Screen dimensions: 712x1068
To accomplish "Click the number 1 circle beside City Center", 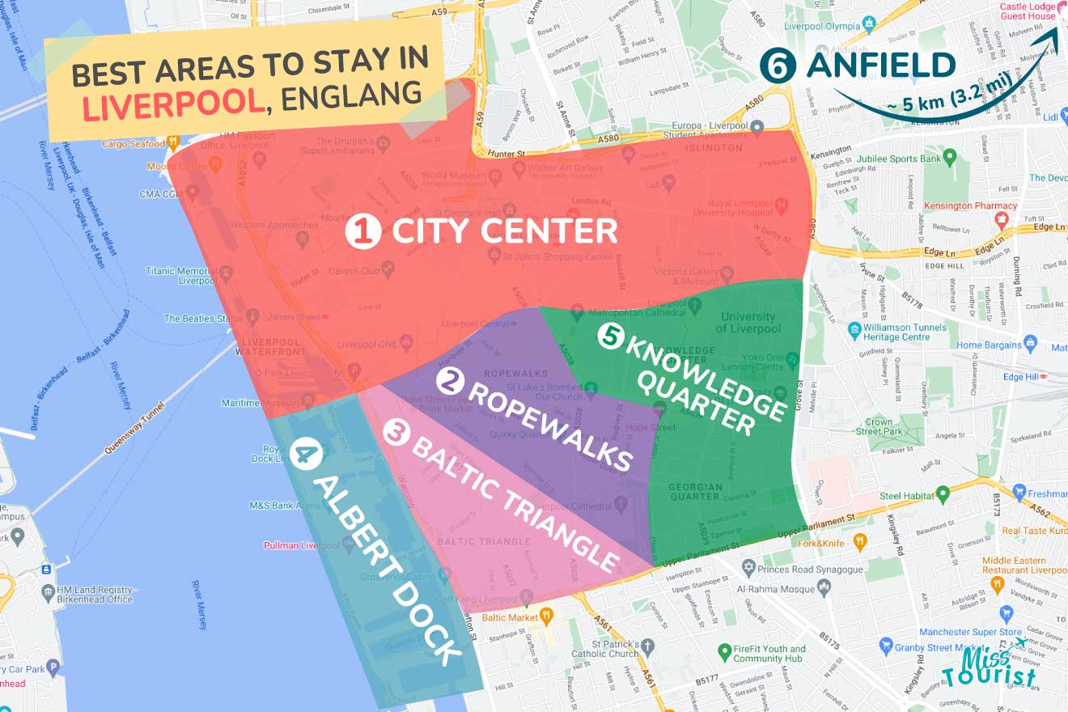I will point(362,232).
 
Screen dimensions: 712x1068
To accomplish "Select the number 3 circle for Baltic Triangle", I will point(395,434).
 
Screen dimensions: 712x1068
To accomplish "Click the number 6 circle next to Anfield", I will point(776,67).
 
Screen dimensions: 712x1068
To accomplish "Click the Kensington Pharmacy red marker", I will point(1004,218).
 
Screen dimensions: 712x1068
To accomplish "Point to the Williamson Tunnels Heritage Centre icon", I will point(854,330).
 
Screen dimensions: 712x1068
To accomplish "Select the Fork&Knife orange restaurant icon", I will point(860,541).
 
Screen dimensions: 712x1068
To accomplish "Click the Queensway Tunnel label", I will point(134,426).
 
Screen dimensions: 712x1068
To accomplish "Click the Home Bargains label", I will point(989,345).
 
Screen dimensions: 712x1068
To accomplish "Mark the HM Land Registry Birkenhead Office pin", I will point(50,593).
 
